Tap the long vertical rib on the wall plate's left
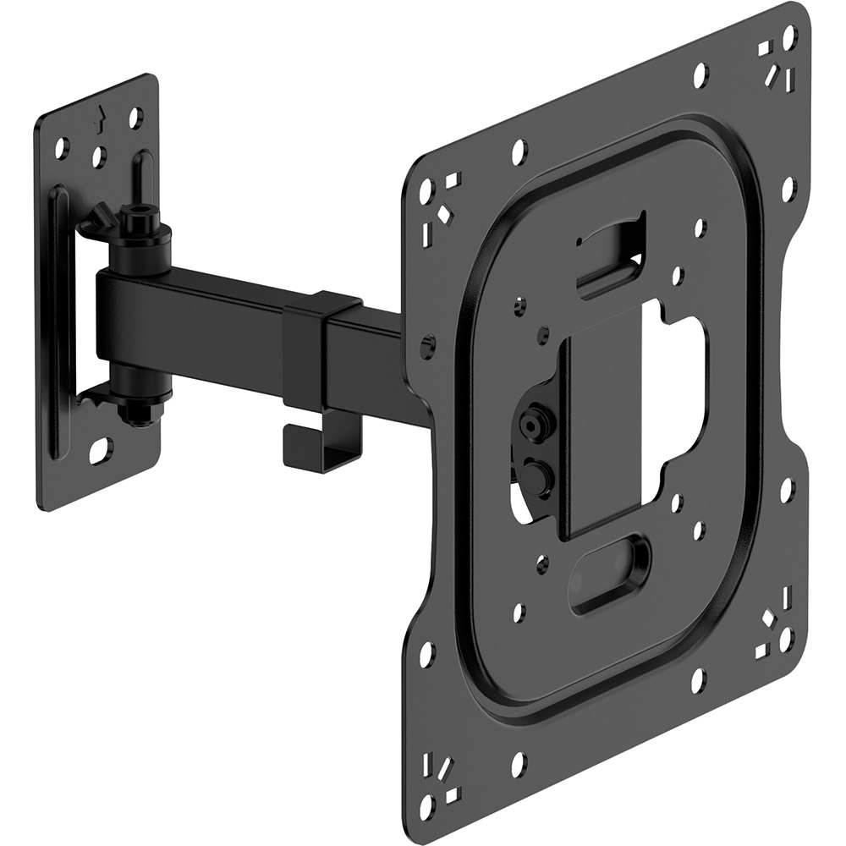(55, 321)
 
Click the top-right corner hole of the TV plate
(789, 36)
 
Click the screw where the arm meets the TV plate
(428, 344)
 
